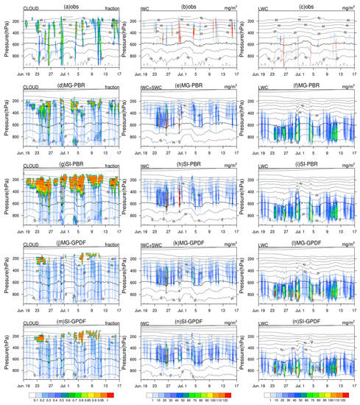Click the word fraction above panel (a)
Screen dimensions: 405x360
[x=107, y=9]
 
